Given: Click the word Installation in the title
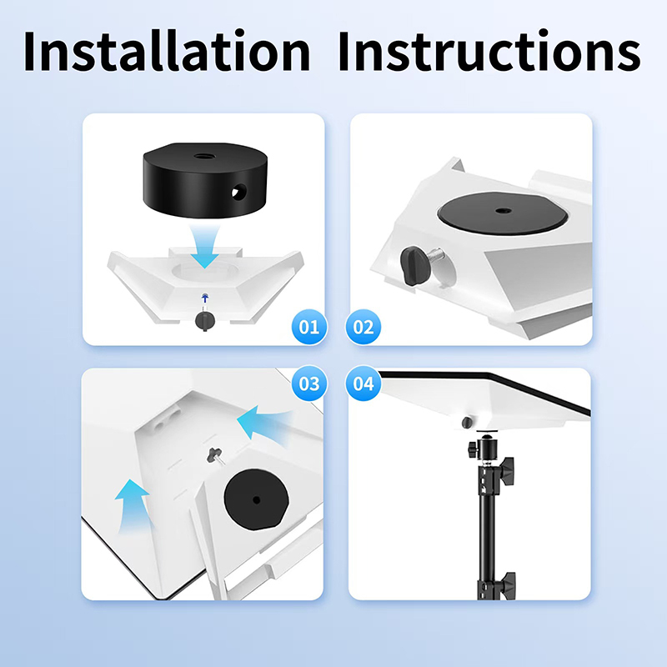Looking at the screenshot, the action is pyautogui.click(x=167, y=51).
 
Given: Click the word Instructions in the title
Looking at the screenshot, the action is pyautogui.click(x=489, y=51).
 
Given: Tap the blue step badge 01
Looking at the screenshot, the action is pyautogui.click(x=309, y=327).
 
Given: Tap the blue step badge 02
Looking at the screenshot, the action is pyautogui.click(x=364, y=327).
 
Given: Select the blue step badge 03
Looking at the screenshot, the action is pyautogui.click(x=309, y=384).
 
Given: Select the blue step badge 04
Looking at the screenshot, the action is pyautogui.click(x=364, y=384).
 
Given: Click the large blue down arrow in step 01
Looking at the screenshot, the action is pyautogui.click(x=204, y=247).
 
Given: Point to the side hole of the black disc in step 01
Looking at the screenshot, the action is pyautogui.click(x=239, y=192).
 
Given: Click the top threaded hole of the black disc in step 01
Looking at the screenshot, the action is pyautogui.click(x=204, y=157).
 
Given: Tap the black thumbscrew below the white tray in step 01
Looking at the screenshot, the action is pyautogui.click(x=204, y=321).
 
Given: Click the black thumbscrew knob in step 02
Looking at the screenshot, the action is pyautogui.click(x=413, y=265).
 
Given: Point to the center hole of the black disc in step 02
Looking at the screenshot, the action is pyautogui.click(x=504, y=211).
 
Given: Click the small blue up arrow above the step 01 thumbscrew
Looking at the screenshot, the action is pyautogui.click(x=205, y=298).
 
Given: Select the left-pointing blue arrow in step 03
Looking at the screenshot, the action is pyautogui.click(x=263, y=425).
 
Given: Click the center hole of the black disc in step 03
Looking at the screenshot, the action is pyautogui.click(x=256, y=500).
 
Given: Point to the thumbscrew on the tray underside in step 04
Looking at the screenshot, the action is pyautogui.click(x=467, y=423).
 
